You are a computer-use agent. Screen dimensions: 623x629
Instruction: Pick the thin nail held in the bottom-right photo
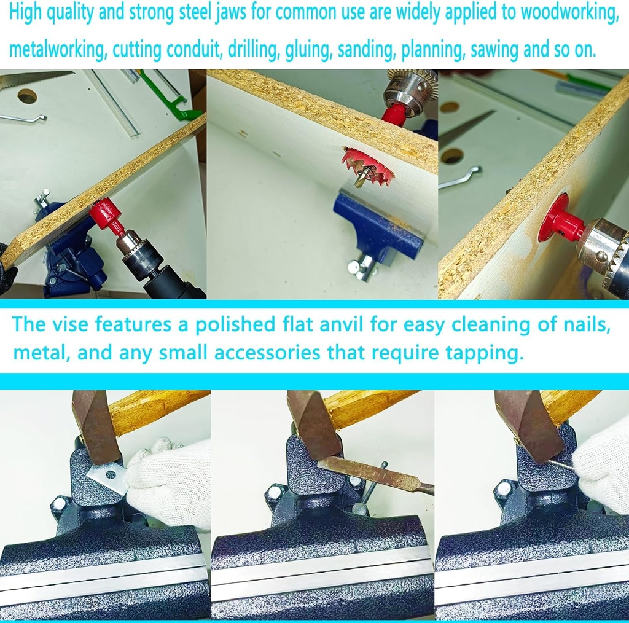(x=562, y=466)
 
